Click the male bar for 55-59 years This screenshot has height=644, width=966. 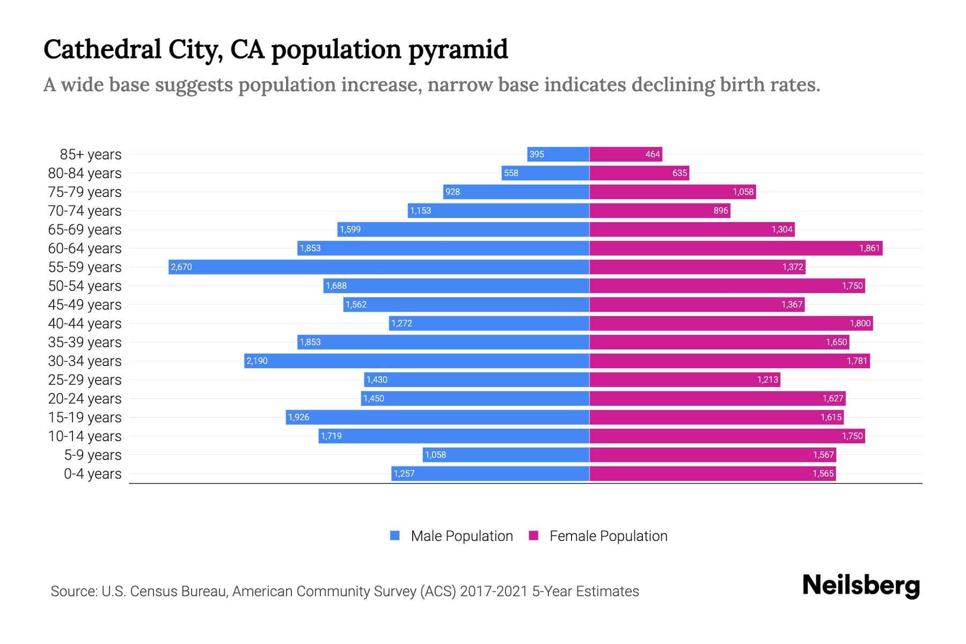pyautogui.click(x=378, y=267)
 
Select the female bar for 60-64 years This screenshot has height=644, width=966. pyautogui.click(x=735, y=248)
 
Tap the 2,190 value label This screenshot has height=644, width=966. pyautogui.click(x=257, y=361)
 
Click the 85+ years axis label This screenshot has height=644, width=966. pyautogui.click(x=90, y=155)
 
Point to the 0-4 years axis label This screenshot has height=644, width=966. pyautogui.click(x=92, y=474)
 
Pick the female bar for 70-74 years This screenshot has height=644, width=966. pyautogui.click(x=659, y=210)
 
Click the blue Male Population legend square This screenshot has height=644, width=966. pyautogui.click(x=395, y=536)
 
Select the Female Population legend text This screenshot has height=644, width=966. pyautogui.click(x=608, y=536)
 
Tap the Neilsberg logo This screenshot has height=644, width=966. pyautogui.click(x=861, y=586)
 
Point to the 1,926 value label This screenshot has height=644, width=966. pyautogui.click(x=298, y=417)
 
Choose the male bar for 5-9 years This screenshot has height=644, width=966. pyautogui.click(x=506, y=455)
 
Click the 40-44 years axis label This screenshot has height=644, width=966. pyautogui.click(x=85, y=324)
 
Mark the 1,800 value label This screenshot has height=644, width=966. pyautogui.click(x=860, y=323)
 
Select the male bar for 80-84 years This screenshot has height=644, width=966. pyautogui.click(x=545, y=173)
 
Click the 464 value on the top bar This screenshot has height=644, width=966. pyautogui.click(x=652, y=154)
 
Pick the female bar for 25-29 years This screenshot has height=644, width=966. pyautogui.click(x=684, y=379)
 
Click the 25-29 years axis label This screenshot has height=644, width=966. pyautogui.click(x=85, y=380)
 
